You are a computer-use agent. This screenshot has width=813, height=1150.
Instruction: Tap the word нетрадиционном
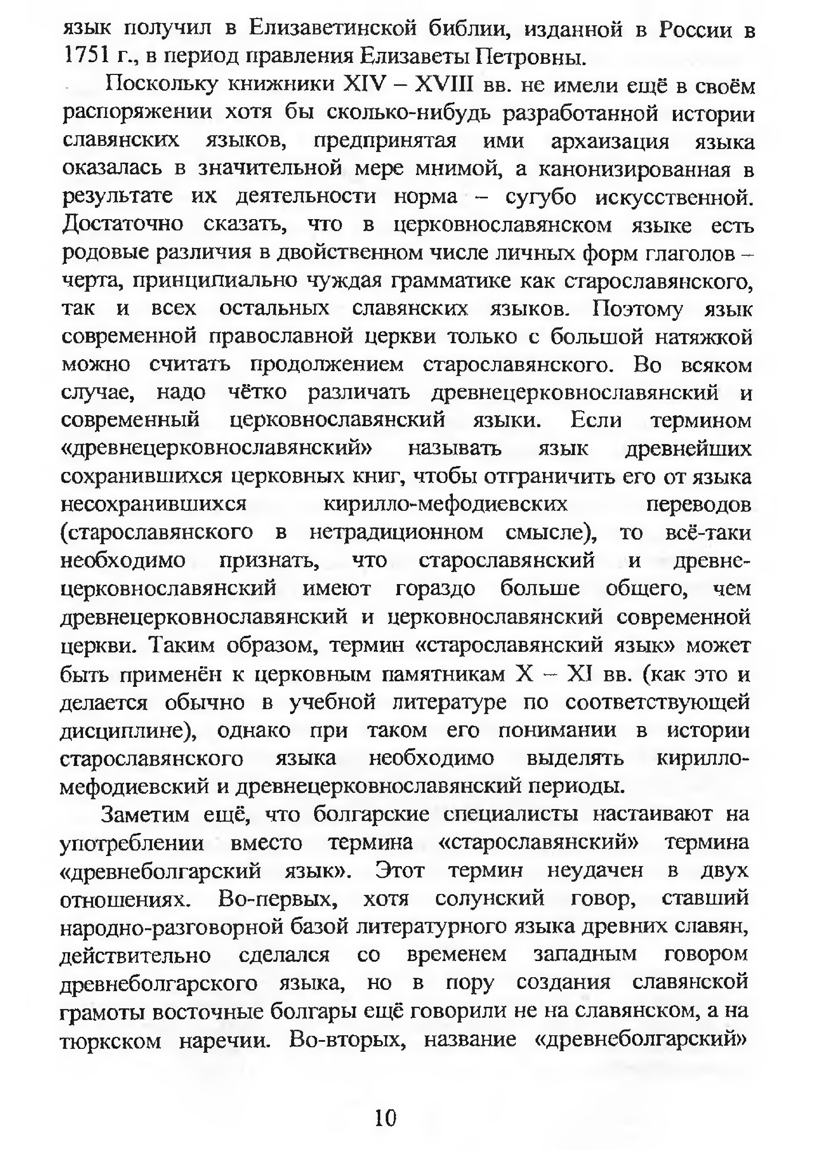396,532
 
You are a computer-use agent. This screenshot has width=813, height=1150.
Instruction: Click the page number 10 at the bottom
385,1118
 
